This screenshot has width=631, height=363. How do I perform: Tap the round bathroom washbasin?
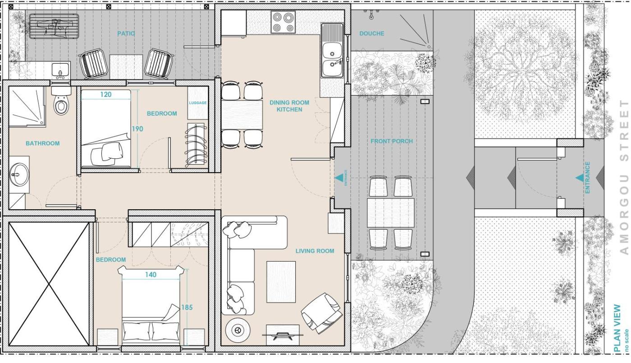point(19,175)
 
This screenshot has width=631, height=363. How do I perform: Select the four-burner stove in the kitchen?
point(283,22)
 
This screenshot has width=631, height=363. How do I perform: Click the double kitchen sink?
point(333,51)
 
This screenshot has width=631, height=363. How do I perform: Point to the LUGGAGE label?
point(198,103)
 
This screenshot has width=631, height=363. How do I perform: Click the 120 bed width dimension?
point(106,95)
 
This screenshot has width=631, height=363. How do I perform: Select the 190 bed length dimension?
point(137,129)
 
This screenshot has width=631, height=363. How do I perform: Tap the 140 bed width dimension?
point(151,275)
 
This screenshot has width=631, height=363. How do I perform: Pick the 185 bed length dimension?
point(187,307)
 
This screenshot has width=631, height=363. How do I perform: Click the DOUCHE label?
point(371,33)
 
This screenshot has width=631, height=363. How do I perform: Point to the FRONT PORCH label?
point(392,141)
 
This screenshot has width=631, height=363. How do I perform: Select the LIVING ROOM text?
point(315,251)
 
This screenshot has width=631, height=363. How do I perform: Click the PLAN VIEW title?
point(617,328)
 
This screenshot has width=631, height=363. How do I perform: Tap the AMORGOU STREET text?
point(624,178)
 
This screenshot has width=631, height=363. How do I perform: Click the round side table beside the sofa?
point(238,330)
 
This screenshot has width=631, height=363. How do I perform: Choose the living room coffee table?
point(281,282)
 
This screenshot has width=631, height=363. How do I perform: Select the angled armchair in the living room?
point(322,313)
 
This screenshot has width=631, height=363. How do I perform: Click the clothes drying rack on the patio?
point(54,26)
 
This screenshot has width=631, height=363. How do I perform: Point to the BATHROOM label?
point(42,143)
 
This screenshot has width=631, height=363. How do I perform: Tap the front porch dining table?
point(391,213)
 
